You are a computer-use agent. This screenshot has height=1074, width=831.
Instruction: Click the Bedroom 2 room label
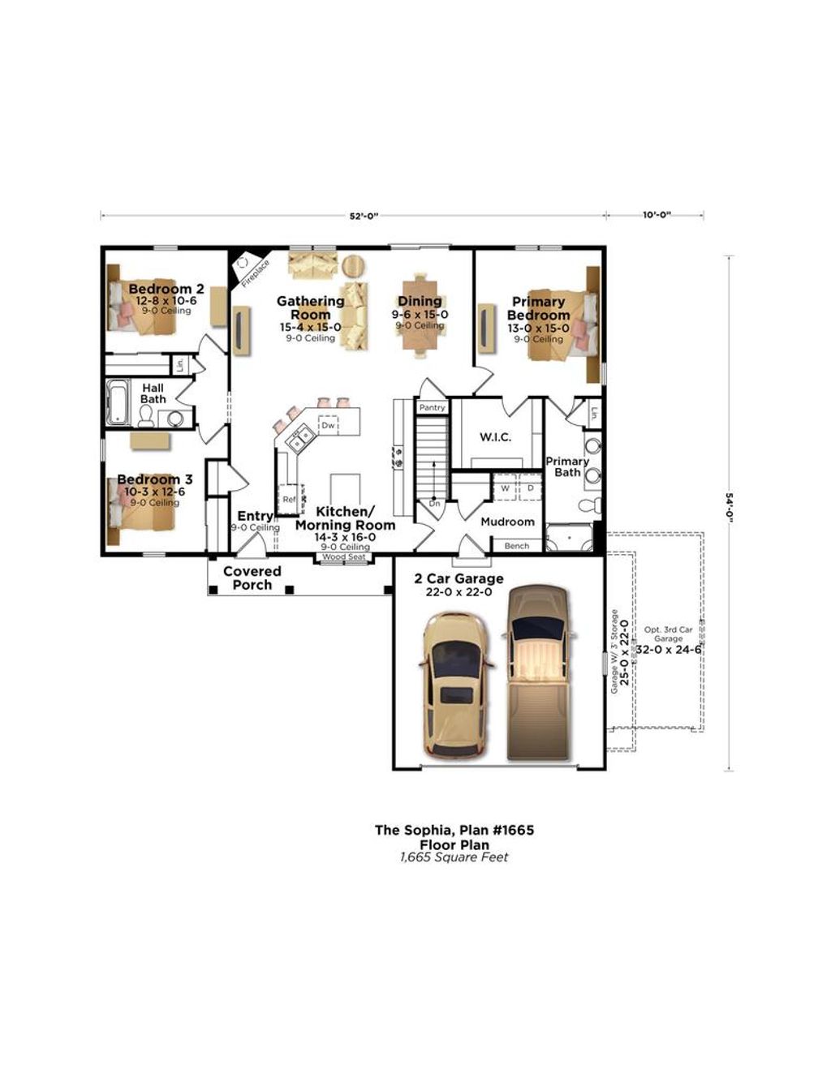point(166,290)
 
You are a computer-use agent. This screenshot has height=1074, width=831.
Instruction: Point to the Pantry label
point(432,407)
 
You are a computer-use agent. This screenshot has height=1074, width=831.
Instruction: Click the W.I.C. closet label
point(495,437)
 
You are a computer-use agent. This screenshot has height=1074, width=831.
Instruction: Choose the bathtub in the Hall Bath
point(118,402)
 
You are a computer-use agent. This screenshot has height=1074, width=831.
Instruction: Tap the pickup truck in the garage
point(539,671)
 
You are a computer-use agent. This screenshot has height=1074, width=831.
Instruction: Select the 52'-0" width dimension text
point(364,216)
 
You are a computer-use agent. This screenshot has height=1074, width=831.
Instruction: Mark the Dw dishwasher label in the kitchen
point(328,425)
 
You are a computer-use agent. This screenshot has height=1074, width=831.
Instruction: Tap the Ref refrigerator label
point(289,500)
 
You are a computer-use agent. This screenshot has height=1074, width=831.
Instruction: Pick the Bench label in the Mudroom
point(516,546)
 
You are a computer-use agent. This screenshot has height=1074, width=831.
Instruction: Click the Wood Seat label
point(344,557)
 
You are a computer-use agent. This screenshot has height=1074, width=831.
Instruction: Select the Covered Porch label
point(252,578)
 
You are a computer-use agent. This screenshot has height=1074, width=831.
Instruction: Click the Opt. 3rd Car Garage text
point(668,634)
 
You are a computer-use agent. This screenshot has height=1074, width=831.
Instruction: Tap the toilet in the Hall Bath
point(147,415)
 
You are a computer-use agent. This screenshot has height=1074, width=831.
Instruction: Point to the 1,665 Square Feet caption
point(454,857)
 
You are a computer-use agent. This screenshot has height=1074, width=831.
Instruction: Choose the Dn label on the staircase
point(434,503)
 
